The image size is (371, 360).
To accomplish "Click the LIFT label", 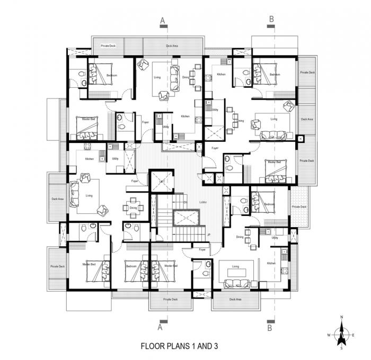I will pos(162,182).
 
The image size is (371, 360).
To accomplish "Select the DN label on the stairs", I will pos(185,202).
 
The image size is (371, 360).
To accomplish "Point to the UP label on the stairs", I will pos(208,235).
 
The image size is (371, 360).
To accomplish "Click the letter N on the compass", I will pos(342,317).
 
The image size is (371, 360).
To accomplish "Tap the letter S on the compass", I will pos(342,348).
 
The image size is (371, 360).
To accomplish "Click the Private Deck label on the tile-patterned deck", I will pos(299,207).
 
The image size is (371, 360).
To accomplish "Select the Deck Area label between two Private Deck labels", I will pos(307,120).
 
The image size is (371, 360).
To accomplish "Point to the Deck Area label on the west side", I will pos(57,199).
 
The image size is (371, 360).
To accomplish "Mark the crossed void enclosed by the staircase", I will pos(185,217).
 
